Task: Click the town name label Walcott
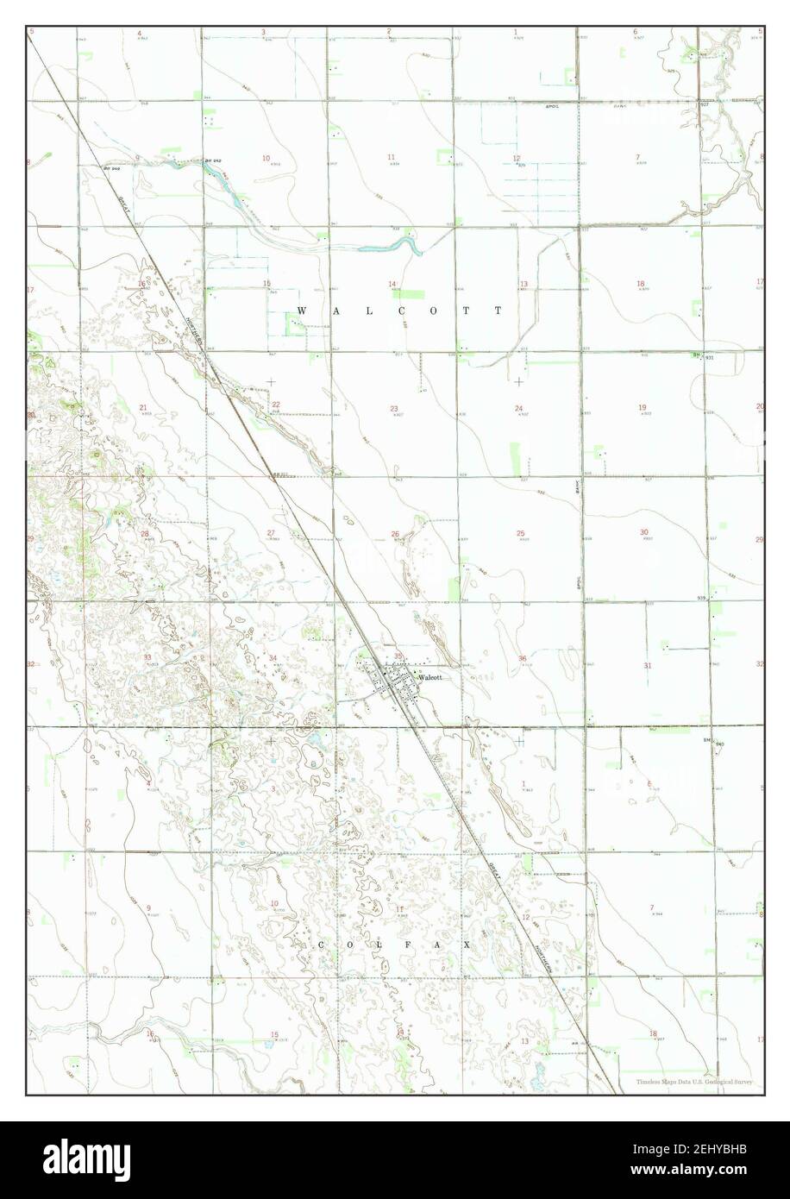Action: point(430,677)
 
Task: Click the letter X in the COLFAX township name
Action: point(467,945)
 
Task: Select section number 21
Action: point(143,408)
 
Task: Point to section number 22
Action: point(276,405)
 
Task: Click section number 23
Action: point(394,409)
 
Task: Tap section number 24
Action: point(519,408)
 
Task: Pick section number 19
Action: point(643,407)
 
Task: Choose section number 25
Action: point(521,533)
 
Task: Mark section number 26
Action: point(395,534)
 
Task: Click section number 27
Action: point(270,533)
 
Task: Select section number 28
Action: point(145,534)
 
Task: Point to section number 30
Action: point(644,532)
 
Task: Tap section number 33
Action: point(147,657)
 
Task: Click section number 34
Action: point(273,658)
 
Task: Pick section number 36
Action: point(523,659)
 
